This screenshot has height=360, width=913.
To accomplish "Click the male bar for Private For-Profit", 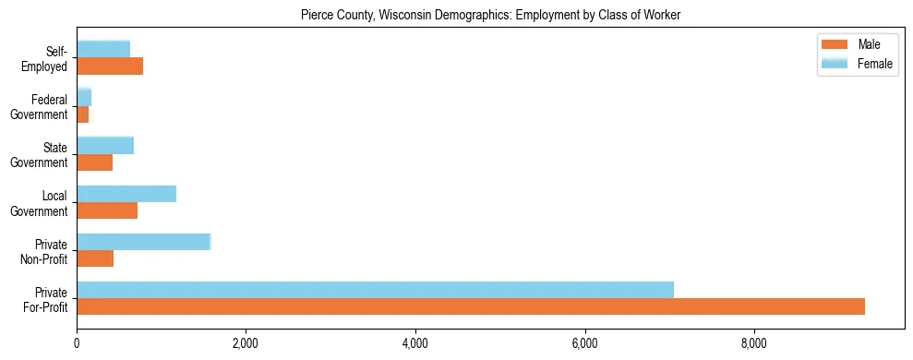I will click(471, 306).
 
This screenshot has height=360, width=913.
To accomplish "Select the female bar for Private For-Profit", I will click(375, 290).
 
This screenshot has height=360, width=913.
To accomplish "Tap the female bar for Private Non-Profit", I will click(144, 242).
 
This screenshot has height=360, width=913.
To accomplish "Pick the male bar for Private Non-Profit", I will click(95, 258).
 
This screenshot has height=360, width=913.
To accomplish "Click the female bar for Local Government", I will click(126, 194).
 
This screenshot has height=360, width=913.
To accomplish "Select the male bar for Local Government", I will click(107, 210).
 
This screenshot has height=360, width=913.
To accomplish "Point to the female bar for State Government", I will click(105, 145).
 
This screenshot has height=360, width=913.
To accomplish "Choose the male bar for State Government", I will click(95, 162).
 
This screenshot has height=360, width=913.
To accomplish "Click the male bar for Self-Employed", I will click(110, 66).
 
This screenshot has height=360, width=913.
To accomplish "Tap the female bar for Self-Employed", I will click(103, 49).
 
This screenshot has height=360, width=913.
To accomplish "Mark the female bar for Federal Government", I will click(84, 97).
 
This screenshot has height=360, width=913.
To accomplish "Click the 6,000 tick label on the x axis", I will click(585, 345).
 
